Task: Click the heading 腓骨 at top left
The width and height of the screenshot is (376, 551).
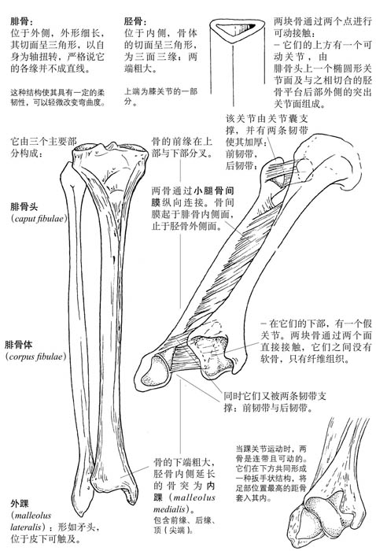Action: (x=20, y=21)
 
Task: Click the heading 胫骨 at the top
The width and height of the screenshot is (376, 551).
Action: (x=134, y=21)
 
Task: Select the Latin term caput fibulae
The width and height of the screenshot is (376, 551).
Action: (x=39, y=219)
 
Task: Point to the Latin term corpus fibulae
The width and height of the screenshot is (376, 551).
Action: (x=36, y=357)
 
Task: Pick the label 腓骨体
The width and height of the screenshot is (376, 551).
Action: (x=19, y=345)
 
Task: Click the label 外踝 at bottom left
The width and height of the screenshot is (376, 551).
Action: (x=20, y=504)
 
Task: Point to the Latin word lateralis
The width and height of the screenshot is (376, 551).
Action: (x=27, y=527)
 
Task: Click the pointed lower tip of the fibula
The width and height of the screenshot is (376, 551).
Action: (x=83, y=514)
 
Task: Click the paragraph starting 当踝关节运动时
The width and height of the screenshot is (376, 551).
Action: (x=271, y=473)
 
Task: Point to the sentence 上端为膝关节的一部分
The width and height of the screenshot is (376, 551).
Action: (x=160, y=97)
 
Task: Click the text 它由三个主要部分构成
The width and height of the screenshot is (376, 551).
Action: (x=43, y=148)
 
